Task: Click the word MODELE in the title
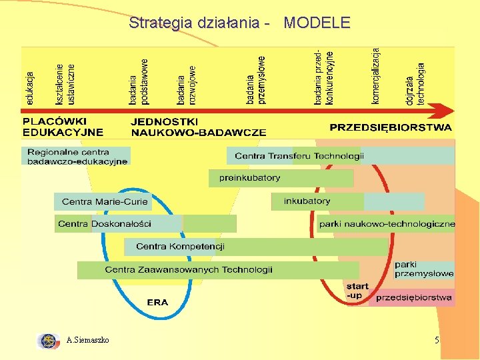(317, 23)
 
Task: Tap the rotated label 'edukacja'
(30, 88)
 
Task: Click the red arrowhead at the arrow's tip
(443, 109)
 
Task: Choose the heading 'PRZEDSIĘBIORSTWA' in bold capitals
(390, 127)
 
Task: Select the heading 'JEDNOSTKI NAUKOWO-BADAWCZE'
(198, 127)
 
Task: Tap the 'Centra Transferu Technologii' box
(299, 156)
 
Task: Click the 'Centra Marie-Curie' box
(105, 201)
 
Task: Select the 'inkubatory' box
(307, 201)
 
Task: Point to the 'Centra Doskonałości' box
(105, 223)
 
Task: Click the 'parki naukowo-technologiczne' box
(387, 224)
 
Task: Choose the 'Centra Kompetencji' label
(180, 247)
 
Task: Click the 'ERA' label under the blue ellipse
(157, 302)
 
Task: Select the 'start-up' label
(357, 290)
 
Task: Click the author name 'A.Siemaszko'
(88, 341)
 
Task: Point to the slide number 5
(437, 341)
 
